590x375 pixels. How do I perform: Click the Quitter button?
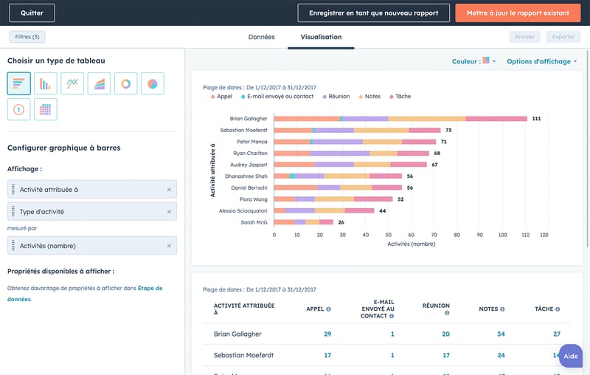click(x=32, y=13)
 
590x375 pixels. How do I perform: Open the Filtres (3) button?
click(x=27, y=36)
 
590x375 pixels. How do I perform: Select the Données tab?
click(x=261, y=37)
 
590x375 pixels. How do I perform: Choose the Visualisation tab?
click(x=321, y=37)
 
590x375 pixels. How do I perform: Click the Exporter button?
click(x=563, y=37)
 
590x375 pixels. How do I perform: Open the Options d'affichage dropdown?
click(x=541, y=61)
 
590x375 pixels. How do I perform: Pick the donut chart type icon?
click(x=126, y=83)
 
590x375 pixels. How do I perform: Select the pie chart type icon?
click(x=152, y=83)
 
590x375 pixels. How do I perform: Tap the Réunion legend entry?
click(x=336, y=97)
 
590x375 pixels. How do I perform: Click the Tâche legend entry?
click(x=400, y=97)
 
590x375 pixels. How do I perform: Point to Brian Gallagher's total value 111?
click(x=536, y=118)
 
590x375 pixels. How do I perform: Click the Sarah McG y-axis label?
click(x=254, y=221)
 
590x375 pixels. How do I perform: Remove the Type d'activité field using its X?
click(x=169, y=211)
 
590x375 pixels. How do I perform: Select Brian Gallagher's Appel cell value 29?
click(x=327, y=334)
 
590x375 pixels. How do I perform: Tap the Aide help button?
click(x=571, y=356)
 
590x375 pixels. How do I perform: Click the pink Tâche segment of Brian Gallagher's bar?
click(x=496, y=118)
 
